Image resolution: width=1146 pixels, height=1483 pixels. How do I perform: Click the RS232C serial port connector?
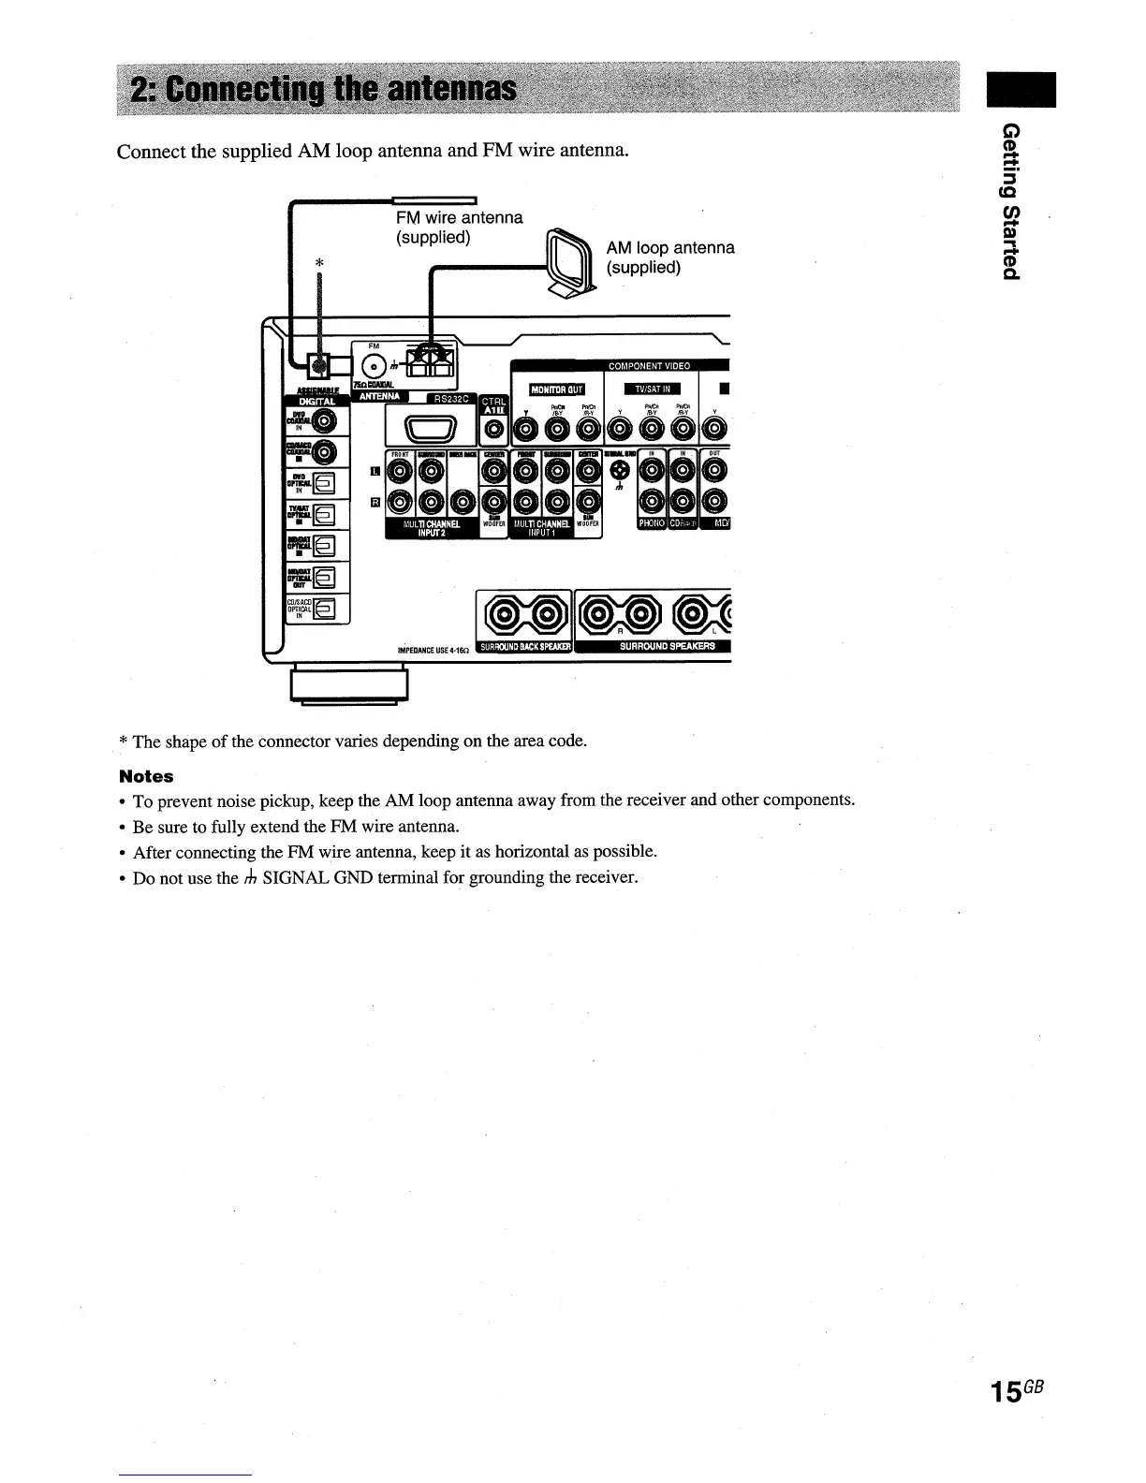(x=429, y=431)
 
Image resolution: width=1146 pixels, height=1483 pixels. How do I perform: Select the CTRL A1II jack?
(x=493, y=432)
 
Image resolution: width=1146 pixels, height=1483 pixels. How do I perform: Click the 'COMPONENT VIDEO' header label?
(x=649, y=366)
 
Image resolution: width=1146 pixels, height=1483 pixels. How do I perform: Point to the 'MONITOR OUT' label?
(x=556, y=389)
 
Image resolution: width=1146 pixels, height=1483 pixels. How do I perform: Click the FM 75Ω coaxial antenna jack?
(x=374, y=366)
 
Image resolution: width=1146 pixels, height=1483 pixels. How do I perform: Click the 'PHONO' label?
(x=652, y=523)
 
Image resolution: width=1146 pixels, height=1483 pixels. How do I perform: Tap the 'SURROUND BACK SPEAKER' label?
(x=524, y=647)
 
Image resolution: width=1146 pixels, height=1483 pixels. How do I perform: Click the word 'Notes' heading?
(x=146, y=776)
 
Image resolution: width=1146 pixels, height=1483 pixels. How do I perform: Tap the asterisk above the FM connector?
(x=319, y=264)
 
